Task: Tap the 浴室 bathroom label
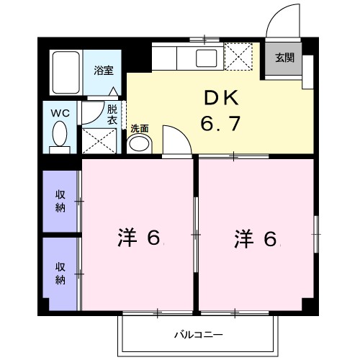(x=104, y=71)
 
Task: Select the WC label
(x=59, y=113)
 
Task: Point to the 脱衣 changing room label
(x=112, y=115)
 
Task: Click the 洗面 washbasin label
(x=139, y=129)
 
